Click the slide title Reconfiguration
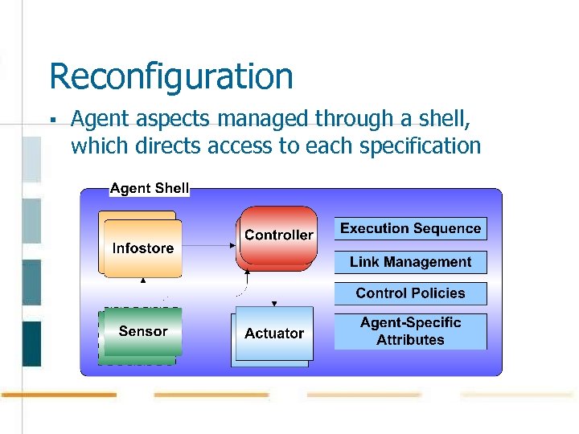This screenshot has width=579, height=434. click(170, 77)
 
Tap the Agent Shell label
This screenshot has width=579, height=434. click(149, 188)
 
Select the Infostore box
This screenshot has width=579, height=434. click(142, 248)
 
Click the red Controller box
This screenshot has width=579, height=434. click(278, 235)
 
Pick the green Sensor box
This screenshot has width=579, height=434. click(142, 331)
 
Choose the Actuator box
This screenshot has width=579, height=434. click(273, 334)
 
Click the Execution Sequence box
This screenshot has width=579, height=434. click(410, 228)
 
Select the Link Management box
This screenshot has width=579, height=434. click(410, 262)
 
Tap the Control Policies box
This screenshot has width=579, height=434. click(410, 293)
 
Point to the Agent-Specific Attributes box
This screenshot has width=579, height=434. click(410, 331)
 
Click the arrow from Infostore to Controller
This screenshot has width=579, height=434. click(209, 244)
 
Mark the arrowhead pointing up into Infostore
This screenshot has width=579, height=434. click(143, 281)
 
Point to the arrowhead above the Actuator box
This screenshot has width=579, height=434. click(274, 304)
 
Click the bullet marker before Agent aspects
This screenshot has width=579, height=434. click(51, 121)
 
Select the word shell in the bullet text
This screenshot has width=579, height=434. click(444, 119)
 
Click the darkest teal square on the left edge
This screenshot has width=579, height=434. click(31, 343)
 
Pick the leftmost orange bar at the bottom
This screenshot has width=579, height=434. click(58, 395)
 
